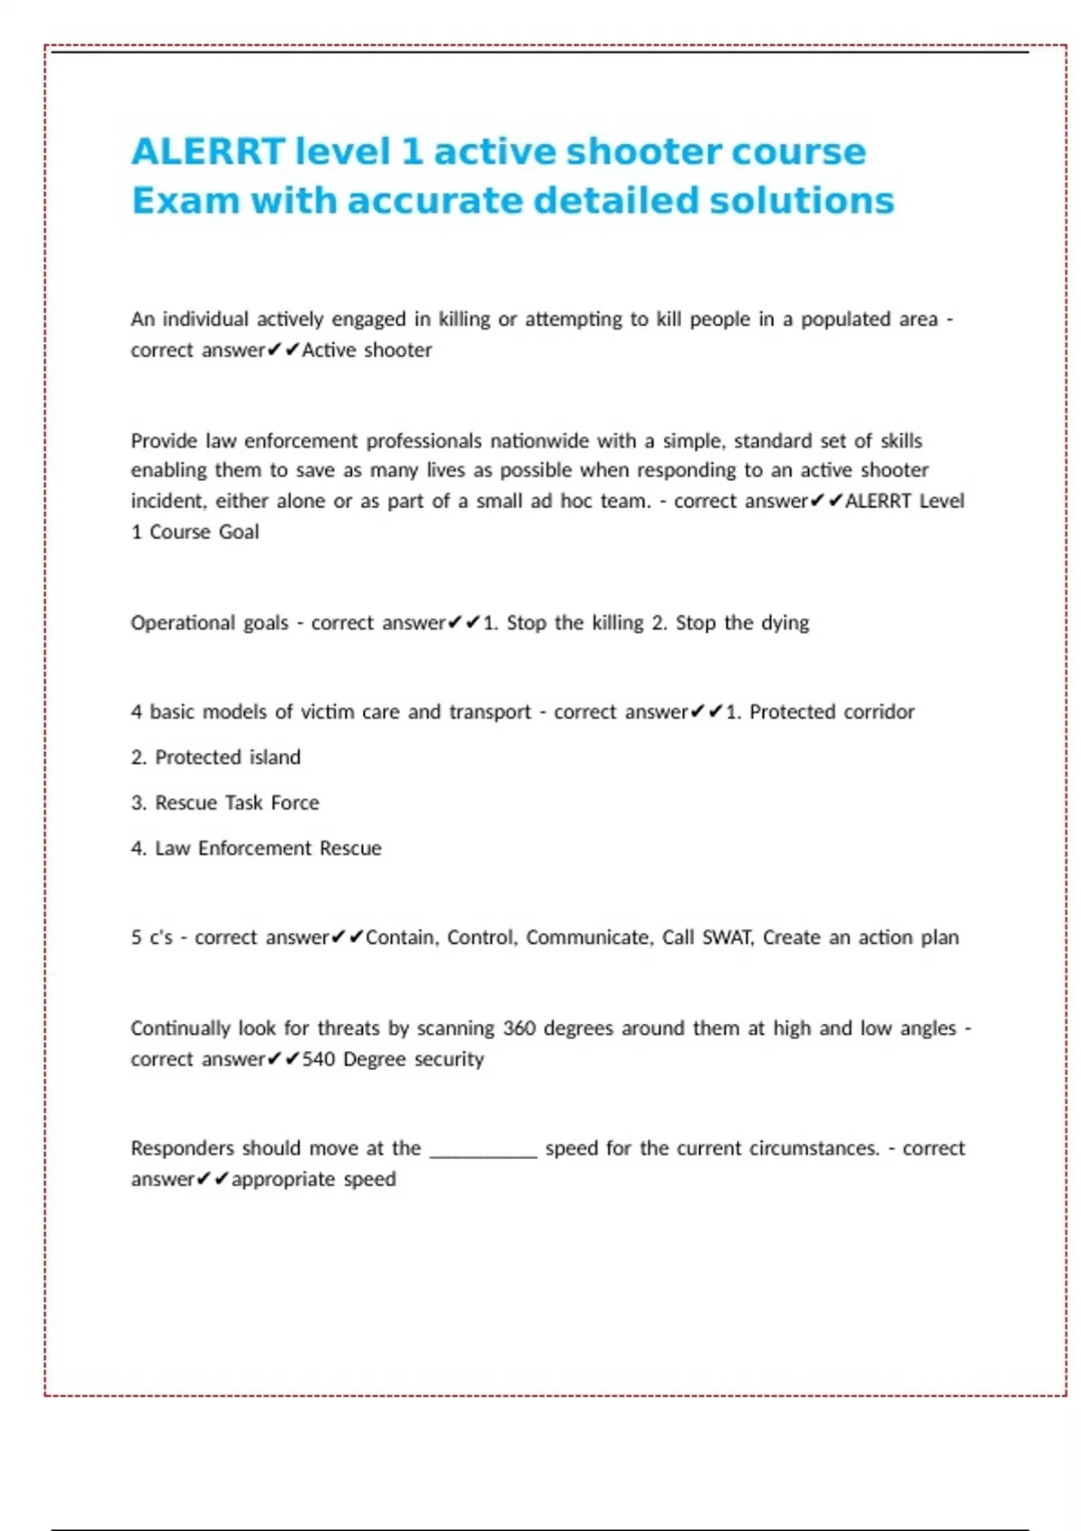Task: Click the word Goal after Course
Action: click(239, 531)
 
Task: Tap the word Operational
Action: click(210, 622)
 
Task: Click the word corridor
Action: click(879, 711)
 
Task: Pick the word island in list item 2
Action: click(275, 756)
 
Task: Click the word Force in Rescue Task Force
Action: click(295, 802)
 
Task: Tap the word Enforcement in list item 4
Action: click(254, 847)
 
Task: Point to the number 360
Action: click(519, 1028)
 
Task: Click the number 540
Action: click(318, 1058)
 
